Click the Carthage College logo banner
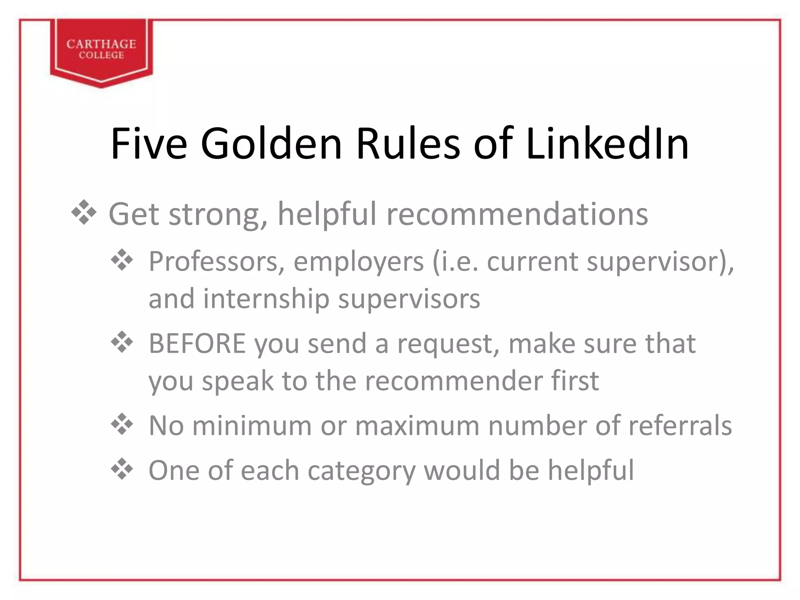click(101, 50)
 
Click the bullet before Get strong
click(84, 213)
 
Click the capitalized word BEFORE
click(197, 344)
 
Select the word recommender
click(454, 381)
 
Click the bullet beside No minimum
click(122, 425)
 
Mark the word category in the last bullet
click(361, 471)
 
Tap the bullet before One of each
click(122, 469)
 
